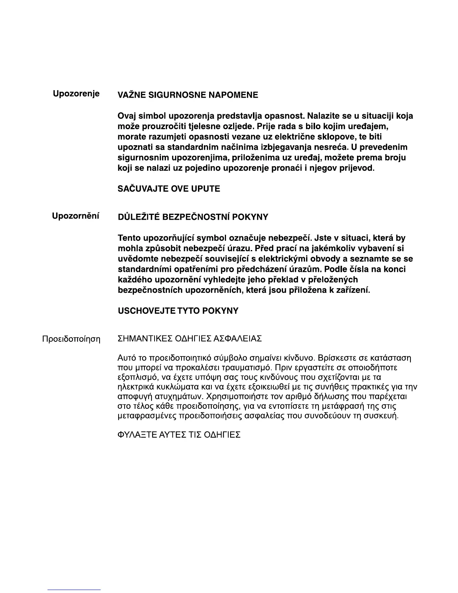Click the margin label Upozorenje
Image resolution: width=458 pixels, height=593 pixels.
[76, 94]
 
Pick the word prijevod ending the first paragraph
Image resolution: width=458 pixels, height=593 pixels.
[358, 168]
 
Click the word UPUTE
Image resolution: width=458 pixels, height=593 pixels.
[205, 189]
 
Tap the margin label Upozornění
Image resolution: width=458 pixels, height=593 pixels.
[76, 216]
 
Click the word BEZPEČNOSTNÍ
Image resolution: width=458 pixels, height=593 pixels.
[195, 217]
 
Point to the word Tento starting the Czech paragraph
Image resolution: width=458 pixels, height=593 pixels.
[129, 238]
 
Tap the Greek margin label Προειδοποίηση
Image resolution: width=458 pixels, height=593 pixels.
[71, 339]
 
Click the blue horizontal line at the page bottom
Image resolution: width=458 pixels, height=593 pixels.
[74, 590]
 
